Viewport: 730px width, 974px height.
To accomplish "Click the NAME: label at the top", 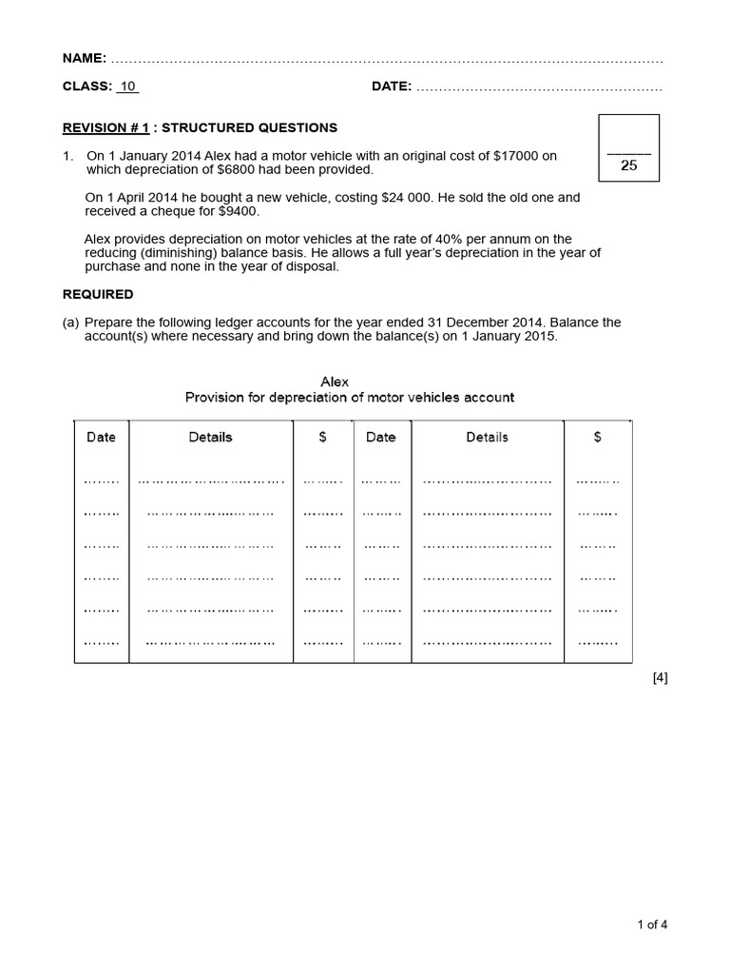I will pyautogui.click(x=84, y=58).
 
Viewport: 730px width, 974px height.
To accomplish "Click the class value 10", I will pyautogui.click(x=128, y=87).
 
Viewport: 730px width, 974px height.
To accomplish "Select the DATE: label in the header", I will pyautogui.click(x=391, y=87).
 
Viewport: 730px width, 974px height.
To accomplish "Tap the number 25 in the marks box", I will pyautogui.click(x=628, y=166).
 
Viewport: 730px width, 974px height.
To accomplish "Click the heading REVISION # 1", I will pyautogui.click(x=106, y=127).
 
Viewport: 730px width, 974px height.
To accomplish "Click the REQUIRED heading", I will pyautogui.click(x=98, y=294).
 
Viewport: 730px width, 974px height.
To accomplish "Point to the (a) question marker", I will pyautogui.click(x=70, y=322).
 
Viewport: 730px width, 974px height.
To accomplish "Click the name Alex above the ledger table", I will pyautogui.click(x=335, y=381).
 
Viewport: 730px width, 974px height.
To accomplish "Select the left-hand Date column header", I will pyautogui.click(x=101, y=438).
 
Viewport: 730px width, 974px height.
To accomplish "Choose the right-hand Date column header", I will pyautogui.click(x=380, y=438).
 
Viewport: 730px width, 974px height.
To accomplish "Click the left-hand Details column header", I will pyautogui.click(x=210, y=438).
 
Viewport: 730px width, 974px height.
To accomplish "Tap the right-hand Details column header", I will pyautogui.click(x=487, y=438).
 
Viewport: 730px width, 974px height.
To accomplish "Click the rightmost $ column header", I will pyautogui.click(x=597, y=438).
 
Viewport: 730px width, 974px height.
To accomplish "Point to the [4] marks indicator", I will pyautogui.click(x=660, y=678).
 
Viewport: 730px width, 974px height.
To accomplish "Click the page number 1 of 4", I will pyautogui.click(x=652, y=924).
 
